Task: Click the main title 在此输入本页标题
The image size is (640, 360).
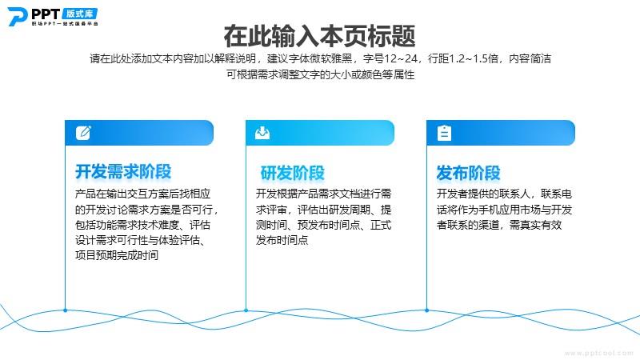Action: (319, 36)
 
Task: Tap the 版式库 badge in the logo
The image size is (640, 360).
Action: (80, 14)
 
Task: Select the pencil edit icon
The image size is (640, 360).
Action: (83, 133)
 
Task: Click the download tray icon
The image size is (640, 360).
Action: (262, 133)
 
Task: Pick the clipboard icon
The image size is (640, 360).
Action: (444, 133)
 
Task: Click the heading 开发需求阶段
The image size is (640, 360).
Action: (123, 172)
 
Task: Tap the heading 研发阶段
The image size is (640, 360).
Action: (293, 173)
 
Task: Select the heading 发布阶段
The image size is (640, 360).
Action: (469, 173)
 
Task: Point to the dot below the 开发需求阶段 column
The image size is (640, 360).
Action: (66, 310)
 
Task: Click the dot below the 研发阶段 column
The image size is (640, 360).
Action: (246, 310)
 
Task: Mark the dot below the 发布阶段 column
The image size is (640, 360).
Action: (427, 310)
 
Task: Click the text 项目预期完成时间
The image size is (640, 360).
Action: (117, 255)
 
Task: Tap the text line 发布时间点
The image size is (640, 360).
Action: (282, 240)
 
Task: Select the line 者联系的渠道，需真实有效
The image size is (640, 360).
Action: (499, 225)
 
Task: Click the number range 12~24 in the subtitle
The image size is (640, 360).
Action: (401, 58)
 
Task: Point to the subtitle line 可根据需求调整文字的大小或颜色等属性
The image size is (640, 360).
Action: (321, 74)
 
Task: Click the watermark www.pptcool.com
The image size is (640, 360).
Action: (598, 353)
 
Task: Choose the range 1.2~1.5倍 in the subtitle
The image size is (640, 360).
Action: (474, 58)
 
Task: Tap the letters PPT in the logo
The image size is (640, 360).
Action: (46, 14)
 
